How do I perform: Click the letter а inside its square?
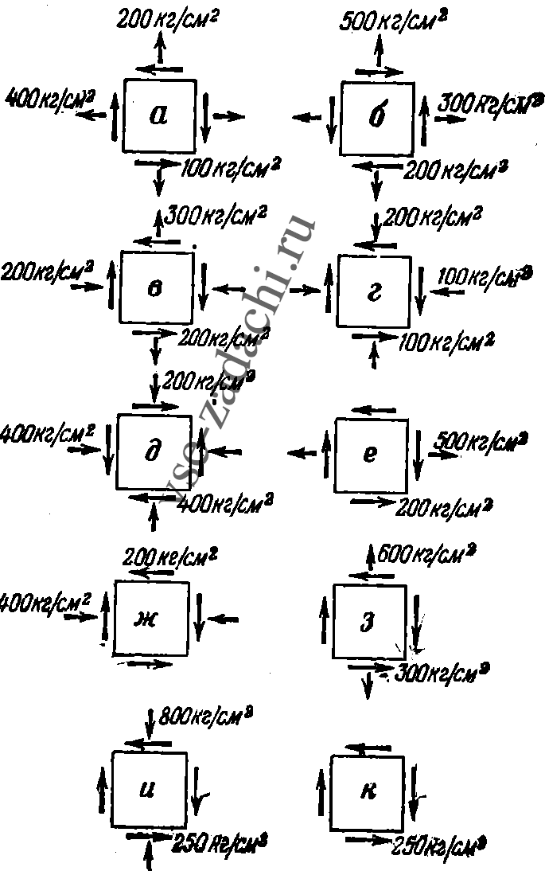coord(159,116)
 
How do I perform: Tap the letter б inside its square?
coord(377,119)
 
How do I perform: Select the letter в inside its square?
coord(155,288)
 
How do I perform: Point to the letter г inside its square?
coord(375,292)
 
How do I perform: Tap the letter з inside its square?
coord(368,621)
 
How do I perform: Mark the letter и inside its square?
coord(148,791)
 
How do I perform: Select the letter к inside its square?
coord(368,792)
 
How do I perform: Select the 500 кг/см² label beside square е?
coord(481,442)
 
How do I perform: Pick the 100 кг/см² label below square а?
coord(232,168)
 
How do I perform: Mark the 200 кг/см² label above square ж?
coord(167,554)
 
